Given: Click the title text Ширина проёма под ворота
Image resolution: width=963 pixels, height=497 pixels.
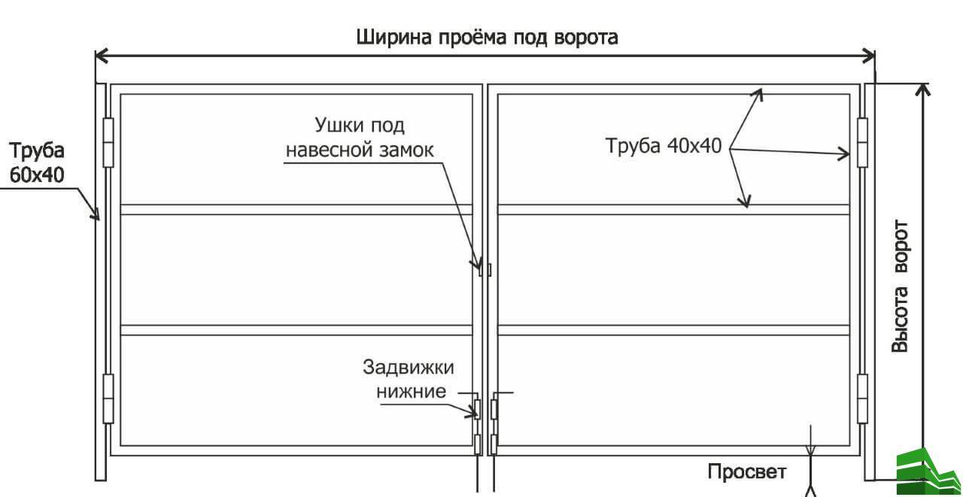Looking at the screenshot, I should click(x=487, y=37).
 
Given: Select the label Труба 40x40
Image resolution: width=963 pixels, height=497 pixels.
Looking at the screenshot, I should click(x=664, y=146).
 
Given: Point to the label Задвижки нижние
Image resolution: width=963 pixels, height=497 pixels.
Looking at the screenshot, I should click(x=408, y=379).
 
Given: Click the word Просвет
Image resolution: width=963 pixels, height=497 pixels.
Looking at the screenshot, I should click(x=746, y=472).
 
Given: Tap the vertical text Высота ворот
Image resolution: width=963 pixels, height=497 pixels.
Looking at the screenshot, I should click(x=900, y=286).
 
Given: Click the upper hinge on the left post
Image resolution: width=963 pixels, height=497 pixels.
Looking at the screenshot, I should click(x=107, y=141).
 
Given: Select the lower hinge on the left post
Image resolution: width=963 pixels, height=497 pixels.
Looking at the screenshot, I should click(x=107, y=398).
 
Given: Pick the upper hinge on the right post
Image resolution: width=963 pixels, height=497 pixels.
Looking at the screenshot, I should click(x=862, y=141).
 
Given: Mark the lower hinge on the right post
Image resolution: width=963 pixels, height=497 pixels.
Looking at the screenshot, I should click(x=862, y=398).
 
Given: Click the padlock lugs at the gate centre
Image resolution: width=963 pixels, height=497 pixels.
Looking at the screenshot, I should click(x=485, y=268).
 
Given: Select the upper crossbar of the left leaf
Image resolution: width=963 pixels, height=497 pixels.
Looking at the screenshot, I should click(x=296, y=210).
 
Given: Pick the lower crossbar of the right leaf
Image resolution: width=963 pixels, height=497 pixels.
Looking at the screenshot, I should click(x=674, y=329).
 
